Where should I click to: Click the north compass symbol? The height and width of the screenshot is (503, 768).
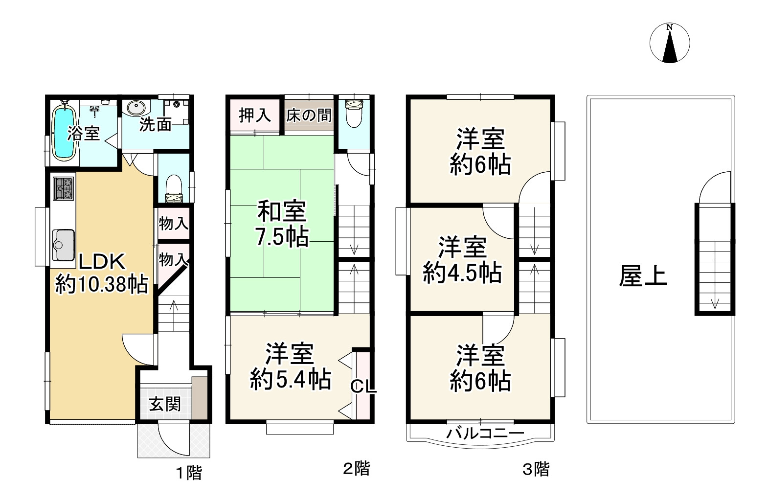click(670, 43)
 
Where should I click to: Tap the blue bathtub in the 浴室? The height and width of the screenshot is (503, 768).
click(63, 133)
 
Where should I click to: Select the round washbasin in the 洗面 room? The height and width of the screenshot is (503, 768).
click(135, 107)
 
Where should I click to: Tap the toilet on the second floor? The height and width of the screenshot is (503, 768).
click(353, 114)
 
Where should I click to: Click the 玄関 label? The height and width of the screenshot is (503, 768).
click(165, 404)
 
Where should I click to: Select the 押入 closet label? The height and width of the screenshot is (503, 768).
click(254, 115)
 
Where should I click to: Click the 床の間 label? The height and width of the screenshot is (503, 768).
click(309, 115)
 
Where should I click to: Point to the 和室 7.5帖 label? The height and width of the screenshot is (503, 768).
click(282, 224)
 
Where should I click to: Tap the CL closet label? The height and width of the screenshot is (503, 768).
click(363, 387)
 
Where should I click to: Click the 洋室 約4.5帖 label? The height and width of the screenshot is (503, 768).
click(462, 260)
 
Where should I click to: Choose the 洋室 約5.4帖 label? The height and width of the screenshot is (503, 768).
click(290, 366)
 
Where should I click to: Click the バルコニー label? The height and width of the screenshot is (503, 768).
click(485, 433)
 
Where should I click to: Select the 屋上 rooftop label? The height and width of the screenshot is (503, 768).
click(643, 275)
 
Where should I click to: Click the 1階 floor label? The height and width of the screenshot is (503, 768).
click(188, 473)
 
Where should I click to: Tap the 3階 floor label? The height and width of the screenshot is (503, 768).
click(536, 469)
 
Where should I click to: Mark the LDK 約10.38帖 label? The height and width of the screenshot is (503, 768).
click(102, 273)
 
